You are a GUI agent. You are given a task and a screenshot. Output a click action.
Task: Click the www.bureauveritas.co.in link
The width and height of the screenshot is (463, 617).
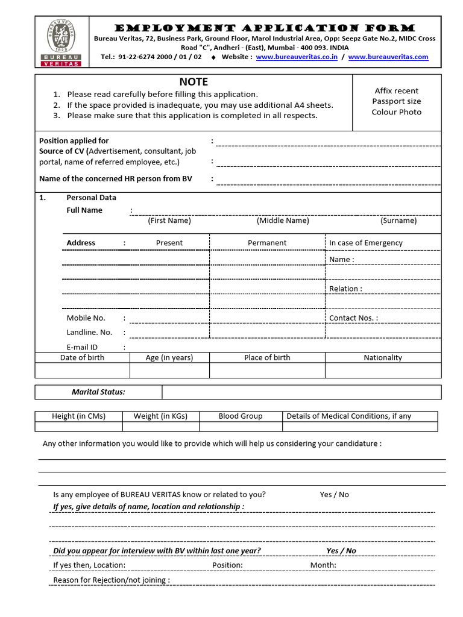297,57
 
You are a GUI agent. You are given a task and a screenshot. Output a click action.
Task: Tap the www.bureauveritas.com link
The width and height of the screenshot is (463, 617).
388,57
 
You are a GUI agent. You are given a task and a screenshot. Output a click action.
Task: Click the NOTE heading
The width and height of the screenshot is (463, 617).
193,82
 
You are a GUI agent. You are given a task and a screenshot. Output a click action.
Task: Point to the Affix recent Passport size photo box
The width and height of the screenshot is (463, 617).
396,101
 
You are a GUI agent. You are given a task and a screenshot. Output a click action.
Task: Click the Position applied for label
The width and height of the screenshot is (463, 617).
74,141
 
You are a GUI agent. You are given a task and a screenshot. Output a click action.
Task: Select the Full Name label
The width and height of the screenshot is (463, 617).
84,210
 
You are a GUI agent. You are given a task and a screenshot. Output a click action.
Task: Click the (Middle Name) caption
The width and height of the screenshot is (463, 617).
282,221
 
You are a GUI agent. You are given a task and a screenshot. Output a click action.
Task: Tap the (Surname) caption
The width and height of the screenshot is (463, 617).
398,221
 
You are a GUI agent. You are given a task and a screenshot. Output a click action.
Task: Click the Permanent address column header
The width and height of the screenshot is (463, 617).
267,243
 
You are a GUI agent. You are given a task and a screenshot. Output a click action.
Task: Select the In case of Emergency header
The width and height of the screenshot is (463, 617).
365,243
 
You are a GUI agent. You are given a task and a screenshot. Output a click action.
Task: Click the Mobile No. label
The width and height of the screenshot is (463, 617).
86,318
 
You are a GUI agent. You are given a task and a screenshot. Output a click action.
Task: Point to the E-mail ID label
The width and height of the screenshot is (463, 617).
82,347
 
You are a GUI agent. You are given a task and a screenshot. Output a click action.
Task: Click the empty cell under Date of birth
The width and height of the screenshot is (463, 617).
82,370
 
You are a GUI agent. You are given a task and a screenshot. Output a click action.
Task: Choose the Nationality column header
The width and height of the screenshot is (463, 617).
382,357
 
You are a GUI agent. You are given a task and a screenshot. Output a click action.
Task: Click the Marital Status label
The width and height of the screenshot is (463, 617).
98,392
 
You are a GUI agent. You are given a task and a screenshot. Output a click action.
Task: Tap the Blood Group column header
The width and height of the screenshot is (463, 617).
240,416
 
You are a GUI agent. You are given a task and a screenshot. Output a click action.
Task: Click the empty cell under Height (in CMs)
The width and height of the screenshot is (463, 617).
78,427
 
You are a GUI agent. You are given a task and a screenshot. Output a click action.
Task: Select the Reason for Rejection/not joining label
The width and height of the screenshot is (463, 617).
112,580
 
